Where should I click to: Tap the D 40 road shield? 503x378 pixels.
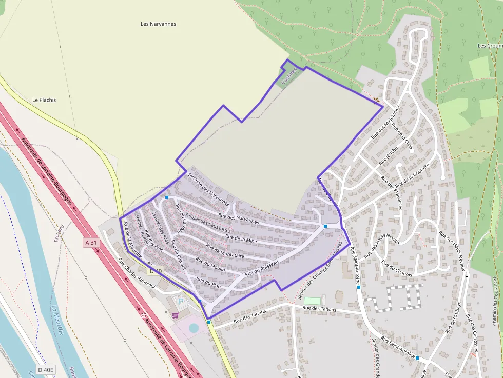[156, 271]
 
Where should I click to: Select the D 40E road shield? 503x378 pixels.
[46, 370]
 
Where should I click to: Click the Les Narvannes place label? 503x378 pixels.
[158, 24]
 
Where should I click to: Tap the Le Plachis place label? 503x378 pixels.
[44, 100]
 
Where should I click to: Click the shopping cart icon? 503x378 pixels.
[176, 315]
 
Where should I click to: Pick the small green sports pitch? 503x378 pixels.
[312, 301]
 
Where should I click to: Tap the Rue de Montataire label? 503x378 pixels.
[224, 250]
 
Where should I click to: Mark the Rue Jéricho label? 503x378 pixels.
[389, 155]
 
